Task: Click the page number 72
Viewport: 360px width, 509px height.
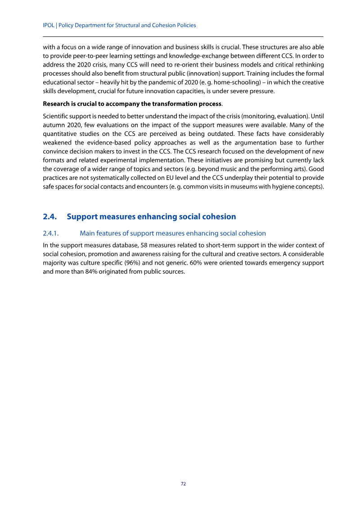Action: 183,484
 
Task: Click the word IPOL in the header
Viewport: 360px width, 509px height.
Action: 49,25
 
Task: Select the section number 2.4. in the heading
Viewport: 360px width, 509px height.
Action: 49,216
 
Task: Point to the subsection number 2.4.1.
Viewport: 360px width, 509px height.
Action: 52,233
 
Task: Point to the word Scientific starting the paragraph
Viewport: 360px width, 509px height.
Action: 57,108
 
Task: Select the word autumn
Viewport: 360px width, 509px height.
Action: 54,117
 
